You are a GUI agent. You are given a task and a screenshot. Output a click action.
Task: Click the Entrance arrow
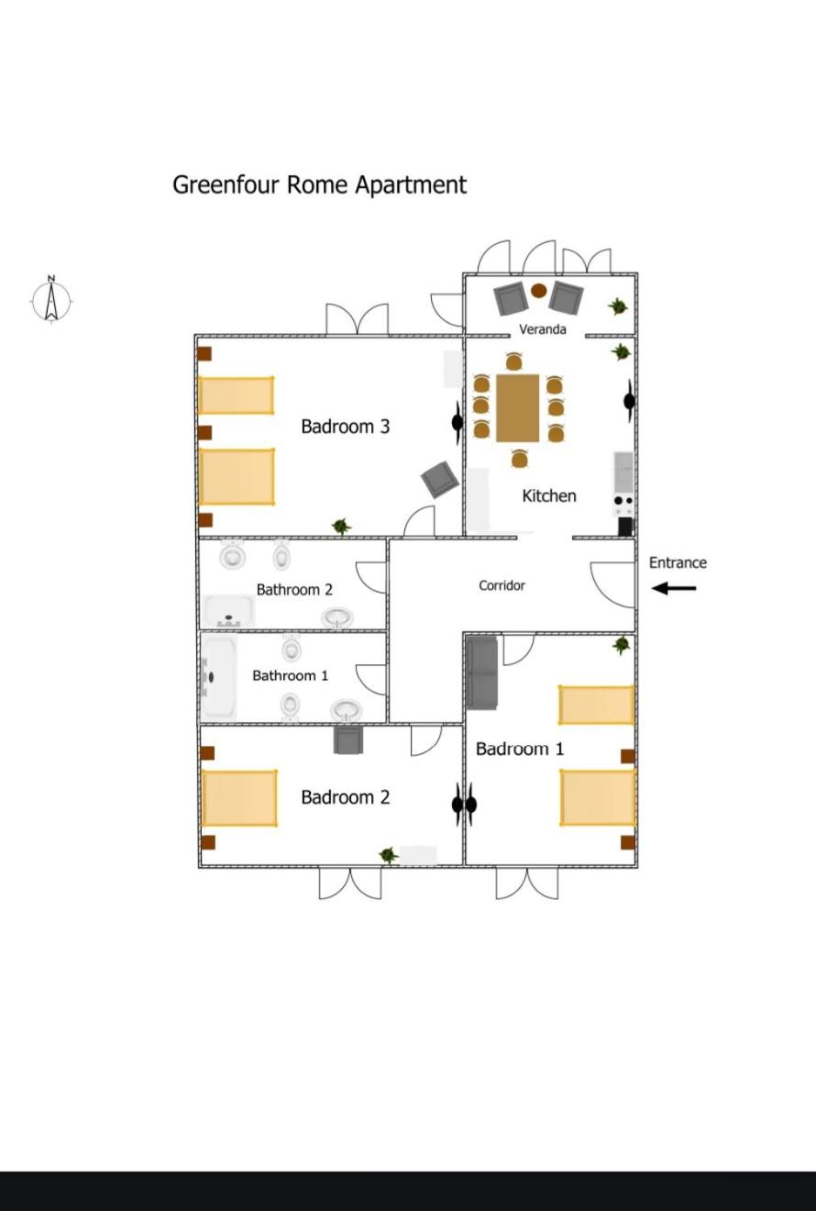(x=673, y=588)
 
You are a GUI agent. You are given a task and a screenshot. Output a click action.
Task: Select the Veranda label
(x=543, y=329)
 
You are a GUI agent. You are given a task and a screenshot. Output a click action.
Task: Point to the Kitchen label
(x=549, y=495)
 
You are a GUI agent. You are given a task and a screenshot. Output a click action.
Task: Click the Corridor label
(x=502, y=585)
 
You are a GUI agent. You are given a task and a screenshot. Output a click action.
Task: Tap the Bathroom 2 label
(x=294, y=589)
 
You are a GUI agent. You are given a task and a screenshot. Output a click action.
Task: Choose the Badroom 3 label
(x=346, y=427)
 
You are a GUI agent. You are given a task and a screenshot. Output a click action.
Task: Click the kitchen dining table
(x=518, y=408)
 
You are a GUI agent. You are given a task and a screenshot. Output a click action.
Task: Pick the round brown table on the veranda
(x=538, y=291)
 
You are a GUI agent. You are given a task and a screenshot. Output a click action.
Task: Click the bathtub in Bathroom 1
(x=219, y=677)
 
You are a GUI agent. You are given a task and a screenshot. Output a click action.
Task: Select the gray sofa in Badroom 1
(x=481, y=673)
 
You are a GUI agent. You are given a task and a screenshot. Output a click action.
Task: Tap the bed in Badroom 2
(x=239, y=798)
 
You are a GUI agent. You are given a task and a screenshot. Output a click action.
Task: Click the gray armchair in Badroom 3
(x=440, y=479)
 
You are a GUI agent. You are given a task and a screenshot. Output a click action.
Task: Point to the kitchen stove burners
(x=623, y=506)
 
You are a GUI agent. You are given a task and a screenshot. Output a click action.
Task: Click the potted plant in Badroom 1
(x=621, y=645)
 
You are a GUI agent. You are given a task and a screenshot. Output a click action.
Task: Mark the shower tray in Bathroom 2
(x=229, y=611)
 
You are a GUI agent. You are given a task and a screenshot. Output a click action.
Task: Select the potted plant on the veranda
(x=618, y=306)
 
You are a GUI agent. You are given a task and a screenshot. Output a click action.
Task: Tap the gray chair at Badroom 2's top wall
(x=348, y=739)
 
